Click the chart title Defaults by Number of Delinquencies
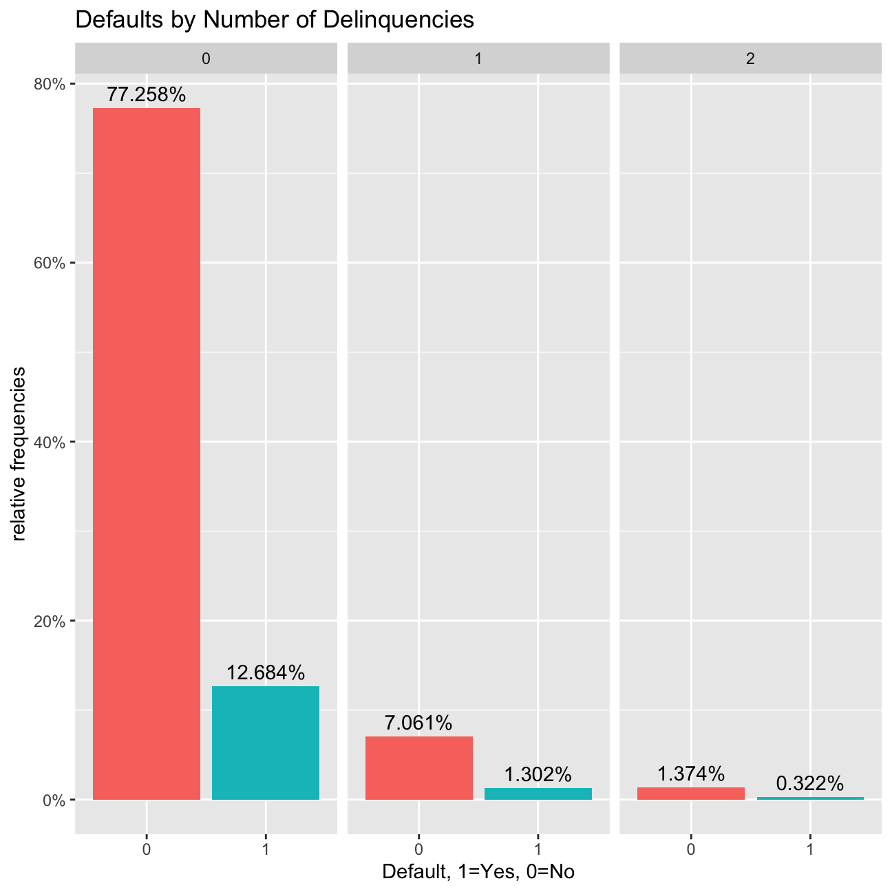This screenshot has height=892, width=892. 274,20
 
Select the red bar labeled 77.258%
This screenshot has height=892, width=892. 147,454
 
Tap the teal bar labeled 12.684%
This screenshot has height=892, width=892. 266,743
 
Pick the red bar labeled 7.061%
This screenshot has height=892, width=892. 419,768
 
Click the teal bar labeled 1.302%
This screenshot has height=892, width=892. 538,794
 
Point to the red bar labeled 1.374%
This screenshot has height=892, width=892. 691,794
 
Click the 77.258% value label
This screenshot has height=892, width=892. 147,95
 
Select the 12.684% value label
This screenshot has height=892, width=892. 266,673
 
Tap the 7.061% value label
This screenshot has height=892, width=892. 419,723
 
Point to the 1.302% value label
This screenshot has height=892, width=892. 538,775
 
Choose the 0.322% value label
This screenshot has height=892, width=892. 810,784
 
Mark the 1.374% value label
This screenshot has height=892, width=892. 691,774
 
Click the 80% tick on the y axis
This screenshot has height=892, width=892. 50,84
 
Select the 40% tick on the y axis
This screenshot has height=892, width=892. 50,442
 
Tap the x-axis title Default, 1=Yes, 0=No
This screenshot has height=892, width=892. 478,872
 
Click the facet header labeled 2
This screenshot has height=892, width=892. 750,59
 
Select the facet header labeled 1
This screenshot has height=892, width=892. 478,59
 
